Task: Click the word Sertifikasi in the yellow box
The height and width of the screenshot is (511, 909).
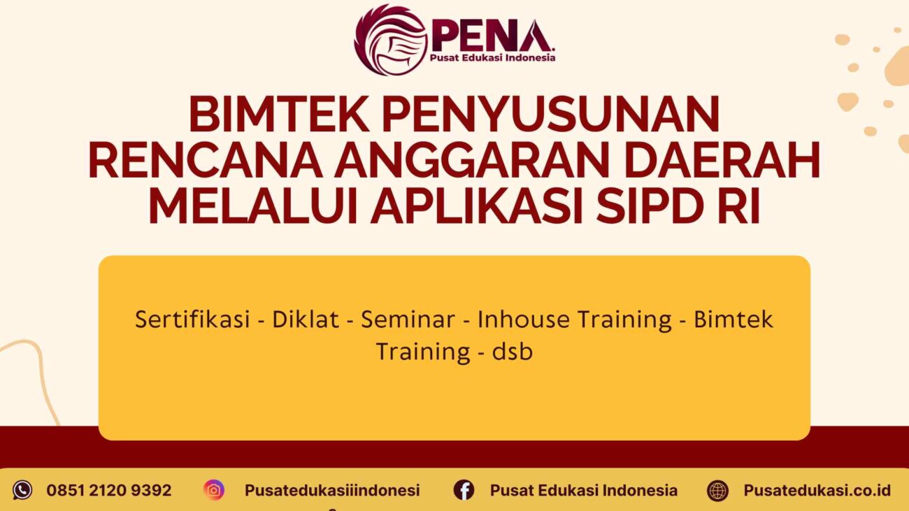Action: [x=192, y=319]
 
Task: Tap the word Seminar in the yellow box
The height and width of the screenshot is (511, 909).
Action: [x=408, y=319]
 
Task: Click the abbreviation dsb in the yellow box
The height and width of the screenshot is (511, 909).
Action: [x=512, y=351]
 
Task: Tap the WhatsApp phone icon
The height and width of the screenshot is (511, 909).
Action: [x=22, y=490]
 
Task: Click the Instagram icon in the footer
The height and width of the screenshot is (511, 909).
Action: [x=214, y=490]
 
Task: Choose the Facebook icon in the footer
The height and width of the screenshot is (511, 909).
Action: [x=464, y=490]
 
